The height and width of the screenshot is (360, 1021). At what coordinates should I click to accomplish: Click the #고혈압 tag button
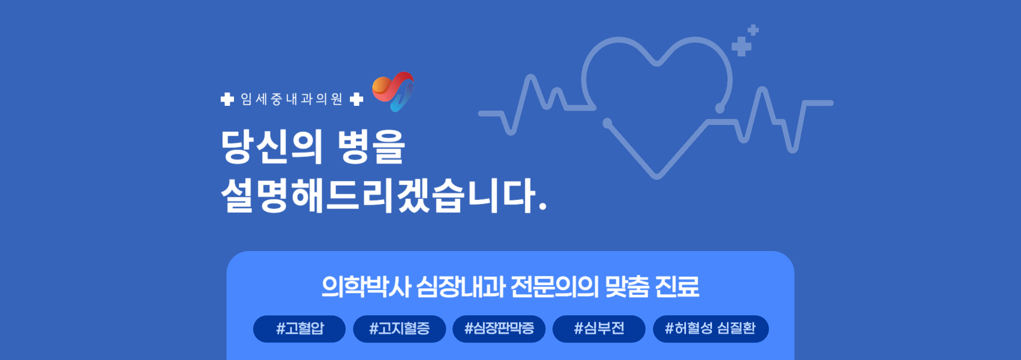299,329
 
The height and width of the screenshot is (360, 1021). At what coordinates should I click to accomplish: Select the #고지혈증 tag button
399,329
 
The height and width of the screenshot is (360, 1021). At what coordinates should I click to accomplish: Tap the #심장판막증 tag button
499,329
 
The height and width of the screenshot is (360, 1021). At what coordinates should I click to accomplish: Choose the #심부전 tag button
599,329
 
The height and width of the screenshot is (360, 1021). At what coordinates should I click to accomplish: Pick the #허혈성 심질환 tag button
710,329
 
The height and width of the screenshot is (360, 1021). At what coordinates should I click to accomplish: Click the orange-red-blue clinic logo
394,91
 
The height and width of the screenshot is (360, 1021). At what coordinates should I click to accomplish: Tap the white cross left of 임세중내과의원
227,99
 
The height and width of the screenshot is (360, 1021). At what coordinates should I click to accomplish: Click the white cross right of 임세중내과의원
356,99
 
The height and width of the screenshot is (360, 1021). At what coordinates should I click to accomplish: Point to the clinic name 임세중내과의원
291,99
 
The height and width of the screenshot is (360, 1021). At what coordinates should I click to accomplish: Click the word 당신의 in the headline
271,146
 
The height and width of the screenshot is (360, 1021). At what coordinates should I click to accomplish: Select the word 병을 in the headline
372,146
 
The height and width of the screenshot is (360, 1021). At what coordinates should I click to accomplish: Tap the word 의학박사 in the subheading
366,287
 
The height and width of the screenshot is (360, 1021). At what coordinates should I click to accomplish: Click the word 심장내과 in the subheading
461,287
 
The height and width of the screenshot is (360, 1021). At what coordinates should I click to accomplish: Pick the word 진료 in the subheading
677,287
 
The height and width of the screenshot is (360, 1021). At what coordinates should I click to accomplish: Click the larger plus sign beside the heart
741,46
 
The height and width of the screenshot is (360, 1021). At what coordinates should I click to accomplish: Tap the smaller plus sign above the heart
754,30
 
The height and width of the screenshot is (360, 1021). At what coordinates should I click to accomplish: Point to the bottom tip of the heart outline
657,175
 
